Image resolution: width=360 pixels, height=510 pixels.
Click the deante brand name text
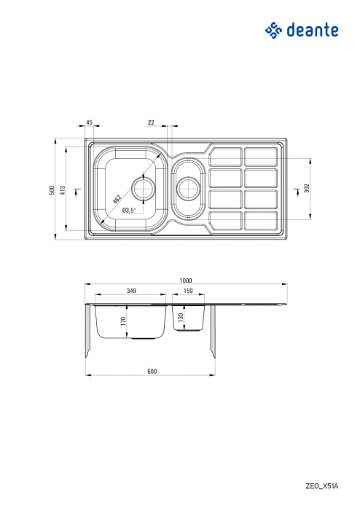311,30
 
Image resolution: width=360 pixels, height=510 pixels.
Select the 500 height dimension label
52,189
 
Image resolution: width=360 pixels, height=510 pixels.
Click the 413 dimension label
63,189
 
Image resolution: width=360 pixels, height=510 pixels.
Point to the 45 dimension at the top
89,122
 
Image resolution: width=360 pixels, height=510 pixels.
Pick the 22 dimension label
151,122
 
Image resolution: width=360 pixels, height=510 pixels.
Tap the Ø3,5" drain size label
129,211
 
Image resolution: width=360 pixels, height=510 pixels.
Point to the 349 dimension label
131,291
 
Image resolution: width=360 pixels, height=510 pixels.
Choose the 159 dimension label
189,291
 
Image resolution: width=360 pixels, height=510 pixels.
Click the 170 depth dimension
124,320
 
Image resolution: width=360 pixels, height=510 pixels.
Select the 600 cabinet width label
152,372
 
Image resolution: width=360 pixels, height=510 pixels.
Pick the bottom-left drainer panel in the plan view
226,219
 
